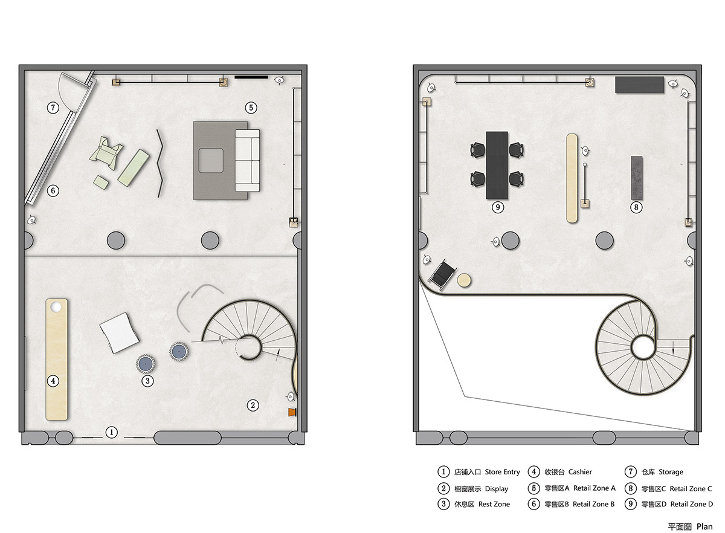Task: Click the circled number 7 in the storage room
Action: coord(53,108)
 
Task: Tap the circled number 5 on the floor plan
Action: coord(251,108)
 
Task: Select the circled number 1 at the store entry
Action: coord(112,432)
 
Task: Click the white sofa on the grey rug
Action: coord(247,161)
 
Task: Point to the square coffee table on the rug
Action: coord(211,161)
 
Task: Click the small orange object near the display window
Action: coord(292,412)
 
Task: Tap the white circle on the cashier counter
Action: coord(56,307)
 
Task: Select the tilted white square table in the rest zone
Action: coord(119,332)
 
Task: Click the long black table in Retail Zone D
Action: coord(497,165)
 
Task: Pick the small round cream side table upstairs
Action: coord(464,280)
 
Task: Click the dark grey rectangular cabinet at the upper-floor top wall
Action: coord(639,85)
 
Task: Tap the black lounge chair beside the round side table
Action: coord(442,274)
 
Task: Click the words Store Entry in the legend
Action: coord(502,472)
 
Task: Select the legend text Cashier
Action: coord(580,472)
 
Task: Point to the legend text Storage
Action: coord(671,472)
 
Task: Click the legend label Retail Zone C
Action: coord(691,489)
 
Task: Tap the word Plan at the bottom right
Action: coord(704,527)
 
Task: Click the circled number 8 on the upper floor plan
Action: coord(636,207)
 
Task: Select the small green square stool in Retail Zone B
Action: coord(101,183)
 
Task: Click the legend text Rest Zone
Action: coord(494,504)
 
